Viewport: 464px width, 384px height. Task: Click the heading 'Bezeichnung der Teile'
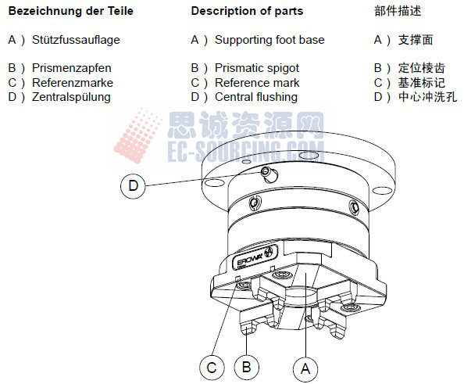70,12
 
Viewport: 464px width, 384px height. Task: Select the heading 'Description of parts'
247,12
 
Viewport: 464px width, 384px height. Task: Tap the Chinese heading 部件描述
398,13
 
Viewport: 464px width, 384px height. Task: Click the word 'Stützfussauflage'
76,40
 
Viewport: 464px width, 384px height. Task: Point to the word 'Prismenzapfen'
71,68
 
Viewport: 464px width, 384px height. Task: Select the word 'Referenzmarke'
72,83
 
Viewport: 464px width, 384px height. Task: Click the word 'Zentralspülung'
71,97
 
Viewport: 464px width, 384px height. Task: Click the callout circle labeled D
134,186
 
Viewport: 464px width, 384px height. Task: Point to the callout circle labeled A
306,365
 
